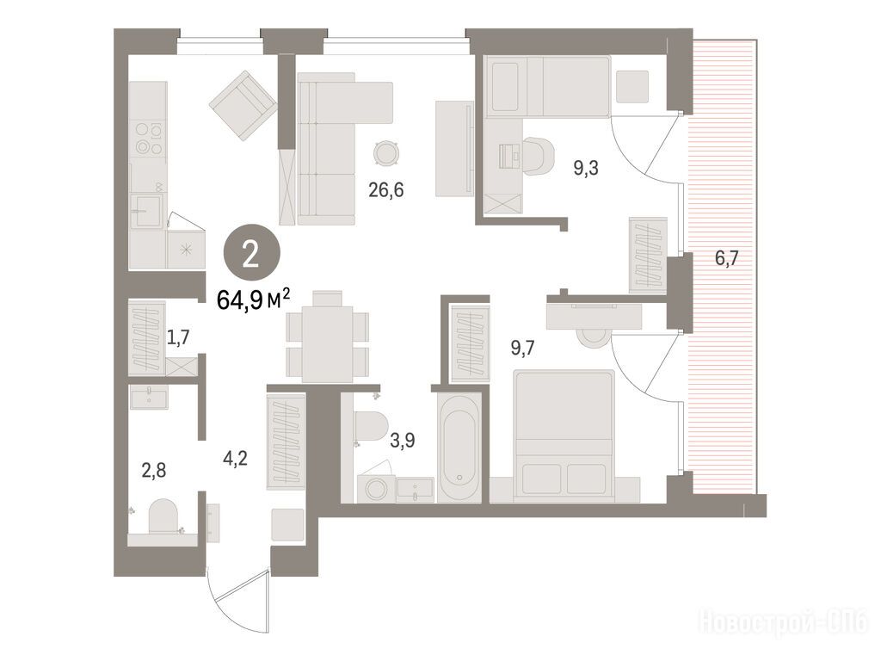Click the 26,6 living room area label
tap(386, 190)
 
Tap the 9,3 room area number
tap(585, 168)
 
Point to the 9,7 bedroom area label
tap(522, 349)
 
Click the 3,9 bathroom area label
tap(403, 440)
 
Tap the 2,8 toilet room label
tap(153, 470)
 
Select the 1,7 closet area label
tap(178, 337)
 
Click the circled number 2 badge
tap(251, 256)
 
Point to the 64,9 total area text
tap(254, 299)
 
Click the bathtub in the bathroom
tap(459, 448)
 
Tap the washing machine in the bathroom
tap(375, 488)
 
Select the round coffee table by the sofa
tap(387, 152)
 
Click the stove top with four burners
tap(148, 138)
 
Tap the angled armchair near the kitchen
tap(243, 106)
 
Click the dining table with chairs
tap(328, 337)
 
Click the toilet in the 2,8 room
tap(163, 516)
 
